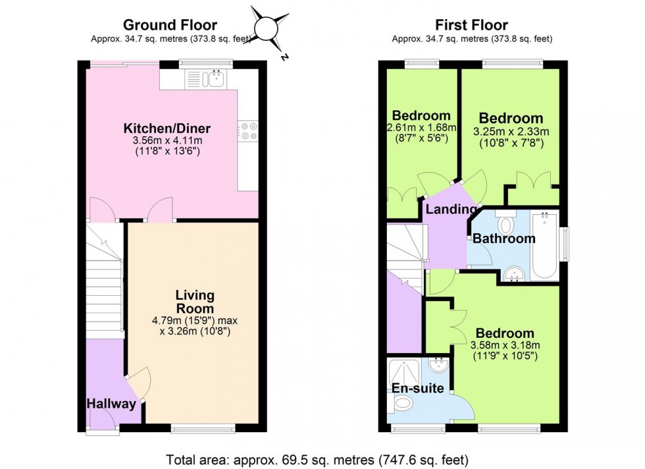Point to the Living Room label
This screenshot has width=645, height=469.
click(x=195, y=302)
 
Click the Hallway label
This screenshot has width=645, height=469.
click(x=111, y=404)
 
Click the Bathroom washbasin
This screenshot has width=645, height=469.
click(x=514, y=272)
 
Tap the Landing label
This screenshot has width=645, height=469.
click(x=451, y=209)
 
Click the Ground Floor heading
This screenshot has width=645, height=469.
click(x=170, y=26)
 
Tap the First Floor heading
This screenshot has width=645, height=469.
click(x=472, y=26)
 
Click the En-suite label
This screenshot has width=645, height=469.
click(x=417, y=388)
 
